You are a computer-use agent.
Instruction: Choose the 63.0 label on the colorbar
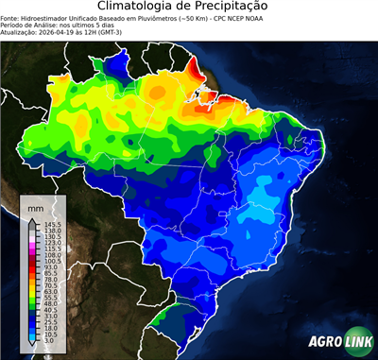(x=51, y=292)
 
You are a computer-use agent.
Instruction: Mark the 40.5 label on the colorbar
(x=51, y=310)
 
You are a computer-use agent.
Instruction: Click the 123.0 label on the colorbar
(x=52, y=243)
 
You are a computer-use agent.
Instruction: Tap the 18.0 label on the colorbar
(x=51, y=328)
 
